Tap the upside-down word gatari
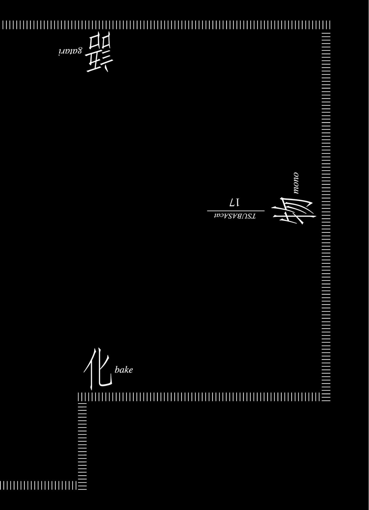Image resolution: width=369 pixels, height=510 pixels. pyautogui.click(x=70, y=51)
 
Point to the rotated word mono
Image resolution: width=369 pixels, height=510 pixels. pyautogui.click(x=296, y=183)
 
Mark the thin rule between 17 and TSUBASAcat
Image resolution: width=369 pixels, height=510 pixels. pyautogui.click(x=236, y=211)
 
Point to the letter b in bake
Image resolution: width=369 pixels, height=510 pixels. pyautogui.click(x=117, y=369)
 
